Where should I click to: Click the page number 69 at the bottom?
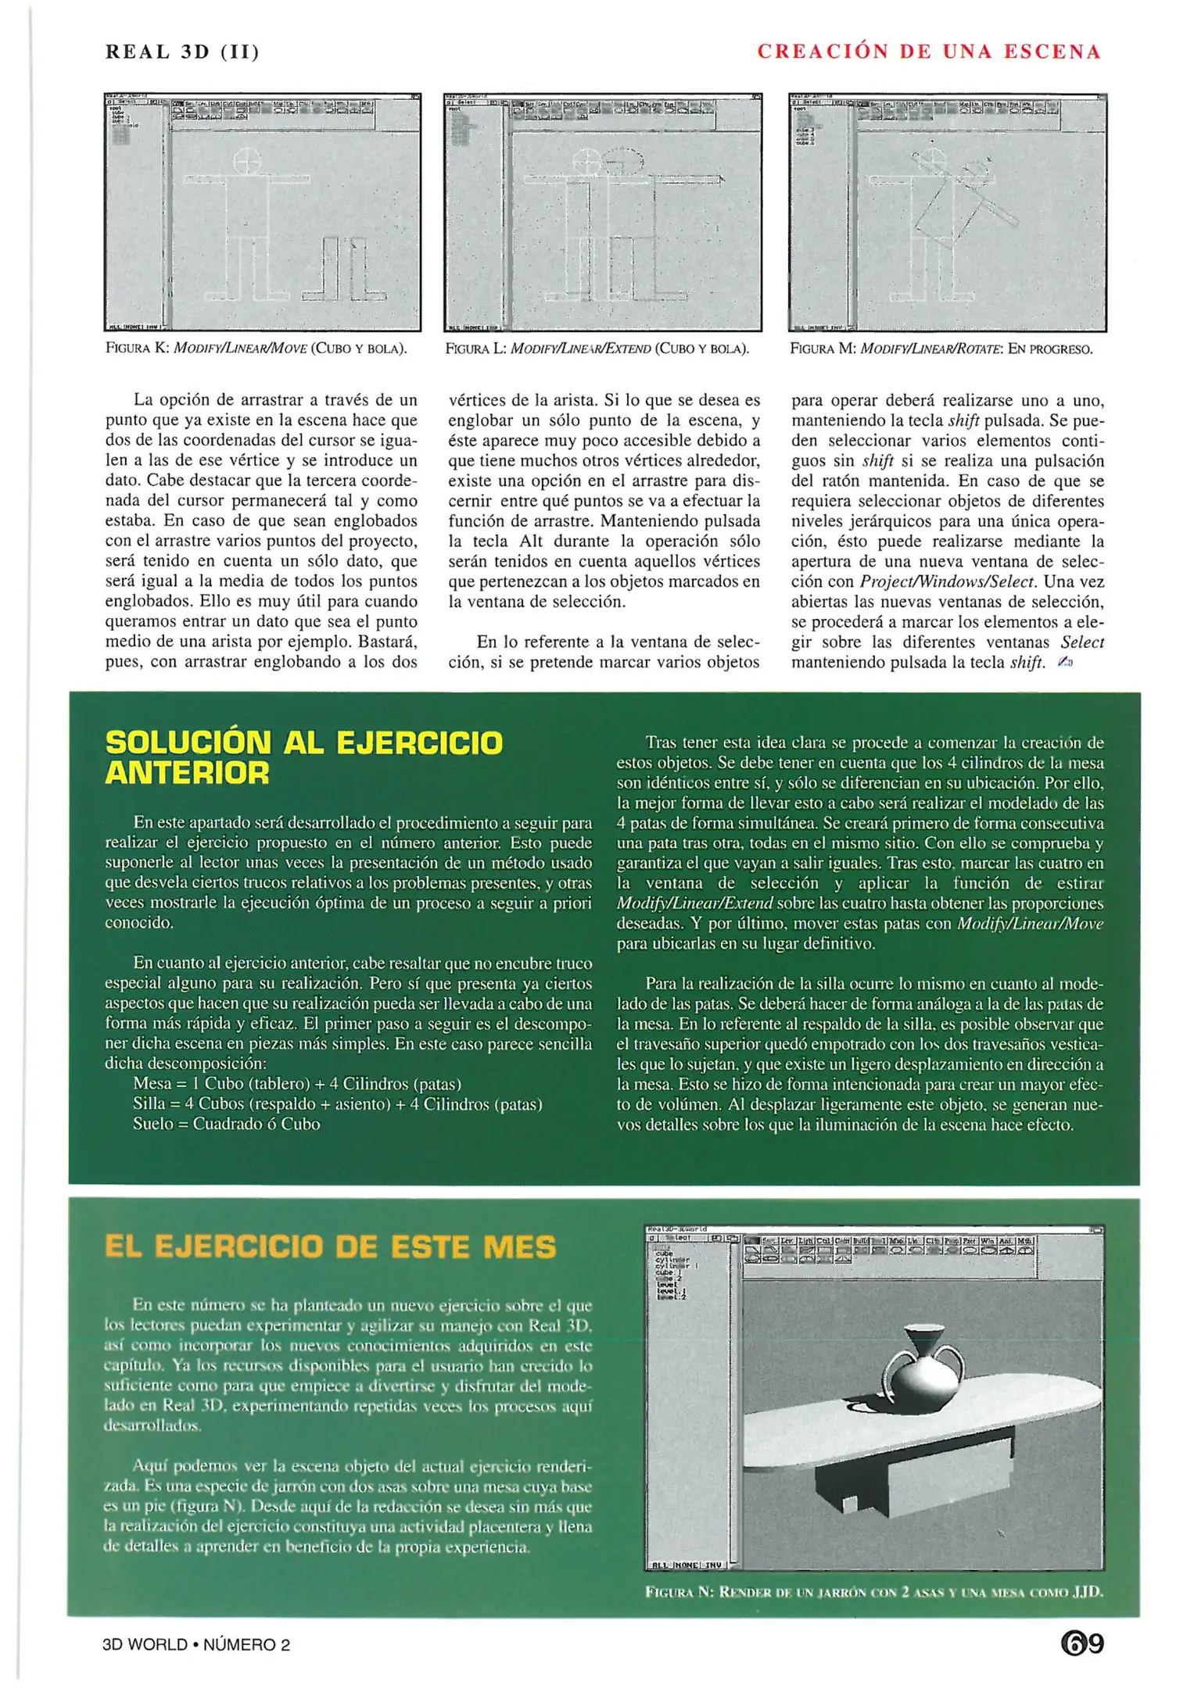(x=1082, y=1643)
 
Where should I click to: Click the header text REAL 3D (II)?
(x=182, y=52)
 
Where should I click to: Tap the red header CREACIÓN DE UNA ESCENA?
(x=929, y=52)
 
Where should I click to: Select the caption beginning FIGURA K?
(x=256, y=349)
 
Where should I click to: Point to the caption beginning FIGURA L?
(x=597, y=349)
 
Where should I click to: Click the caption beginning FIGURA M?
(x=941, y=349)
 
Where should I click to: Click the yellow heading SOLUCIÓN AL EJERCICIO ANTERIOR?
(x=303, y=756)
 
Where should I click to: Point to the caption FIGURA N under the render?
(x=874, y=1592)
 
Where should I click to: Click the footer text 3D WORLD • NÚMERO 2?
(x=196, y=1644)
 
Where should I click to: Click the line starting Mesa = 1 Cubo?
(x=297, y=1084)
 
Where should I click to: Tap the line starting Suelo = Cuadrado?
(x=227, y=1124)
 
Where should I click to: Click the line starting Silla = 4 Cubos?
(x=337, y=1104)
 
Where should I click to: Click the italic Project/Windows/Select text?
(x=947, y=581)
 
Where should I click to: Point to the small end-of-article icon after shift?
(x=1065, y=663)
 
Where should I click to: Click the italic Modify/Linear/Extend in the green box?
(x=694, y=903)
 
